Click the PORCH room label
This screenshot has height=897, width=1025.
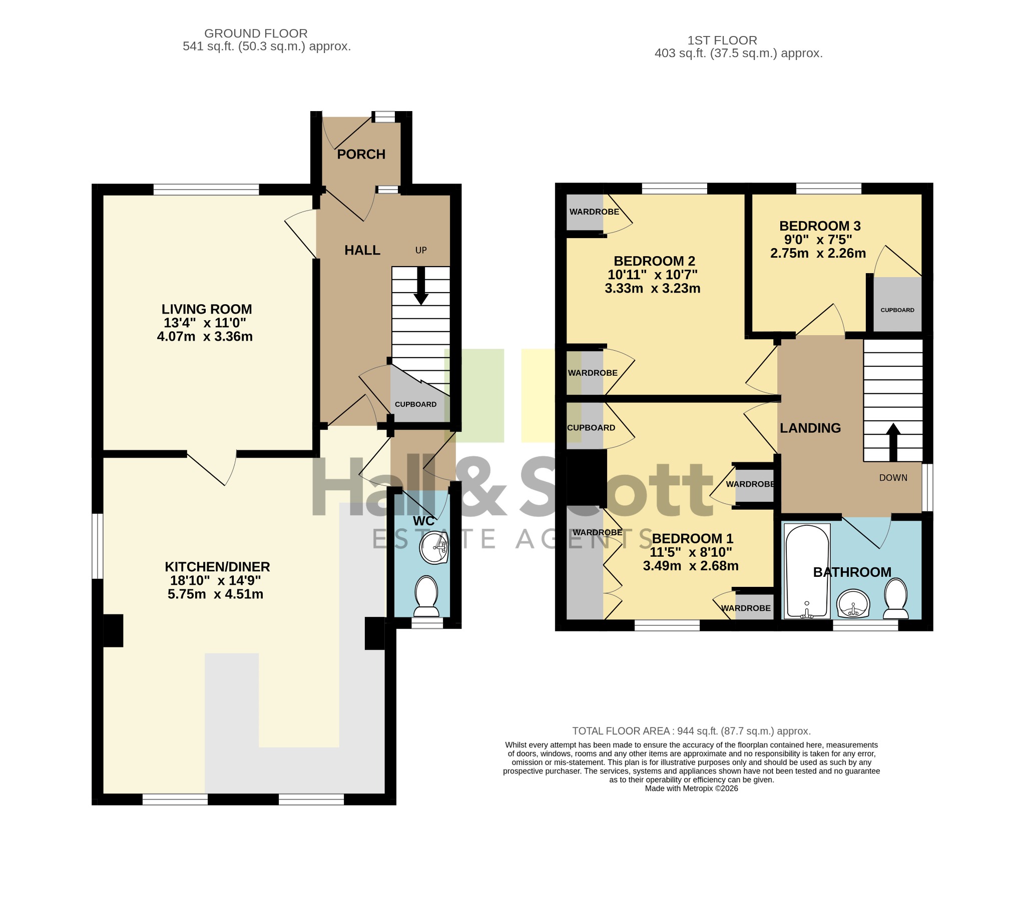coord(361,154)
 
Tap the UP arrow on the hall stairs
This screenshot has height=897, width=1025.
coord(421,285)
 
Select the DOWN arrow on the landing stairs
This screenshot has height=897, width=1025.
coord(893,442)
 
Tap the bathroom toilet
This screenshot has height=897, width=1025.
coord(896,599)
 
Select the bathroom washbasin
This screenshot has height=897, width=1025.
coord(853,604)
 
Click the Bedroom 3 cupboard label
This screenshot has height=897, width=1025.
coord(897,310)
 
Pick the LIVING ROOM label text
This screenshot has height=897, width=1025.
coord(206,309)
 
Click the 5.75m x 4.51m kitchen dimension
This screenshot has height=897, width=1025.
coord(215,594)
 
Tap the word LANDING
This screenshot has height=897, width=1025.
coord(810,428)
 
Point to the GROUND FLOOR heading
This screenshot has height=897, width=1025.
coord(256,34)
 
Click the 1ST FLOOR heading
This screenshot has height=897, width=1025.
coord(722,40)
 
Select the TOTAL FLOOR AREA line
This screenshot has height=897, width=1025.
coord(692,731)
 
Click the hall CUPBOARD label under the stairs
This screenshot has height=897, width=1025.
coord(415,404)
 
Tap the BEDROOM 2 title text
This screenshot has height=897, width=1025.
coord(654,261)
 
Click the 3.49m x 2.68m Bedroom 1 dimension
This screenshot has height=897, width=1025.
coord(691,566)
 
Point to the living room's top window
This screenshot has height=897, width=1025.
coord(206,189)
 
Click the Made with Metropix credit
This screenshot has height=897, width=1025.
coord(692,788)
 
